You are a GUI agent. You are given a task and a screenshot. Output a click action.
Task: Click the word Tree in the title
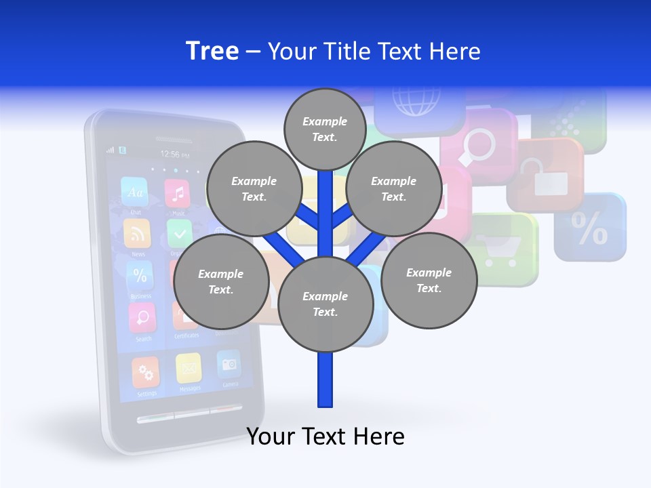(x=212, y=51)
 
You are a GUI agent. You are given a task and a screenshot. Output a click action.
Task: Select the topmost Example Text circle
(x=325, y=129)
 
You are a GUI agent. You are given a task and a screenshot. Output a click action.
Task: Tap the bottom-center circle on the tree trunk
(x=325, y=304)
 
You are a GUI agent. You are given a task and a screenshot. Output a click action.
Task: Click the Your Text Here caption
(x=325, y=436)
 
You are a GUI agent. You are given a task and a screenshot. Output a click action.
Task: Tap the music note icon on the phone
(x=178, y=194)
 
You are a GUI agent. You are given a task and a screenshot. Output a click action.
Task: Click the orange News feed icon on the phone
(x=137, y=235)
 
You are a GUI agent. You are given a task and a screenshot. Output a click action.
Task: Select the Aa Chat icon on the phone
(x=135, y=193)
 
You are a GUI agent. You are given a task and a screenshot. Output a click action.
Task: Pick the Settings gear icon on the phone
(x=146, y=372)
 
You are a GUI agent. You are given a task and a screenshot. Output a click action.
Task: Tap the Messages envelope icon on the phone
(x=189, y=369)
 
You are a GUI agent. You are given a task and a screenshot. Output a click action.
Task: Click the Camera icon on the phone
(x=229, y=365)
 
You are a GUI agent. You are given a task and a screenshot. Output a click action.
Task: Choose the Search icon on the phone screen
(x=142, y=317)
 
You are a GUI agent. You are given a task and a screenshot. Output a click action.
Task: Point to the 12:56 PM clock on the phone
(x=174, y=155)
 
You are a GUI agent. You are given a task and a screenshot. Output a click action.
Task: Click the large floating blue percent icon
(x=589, y=228)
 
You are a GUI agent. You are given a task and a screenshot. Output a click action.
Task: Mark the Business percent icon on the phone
(x=139, y=277)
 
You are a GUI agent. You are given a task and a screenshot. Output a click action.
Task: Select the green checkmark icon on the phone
(x=180, y=235)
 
